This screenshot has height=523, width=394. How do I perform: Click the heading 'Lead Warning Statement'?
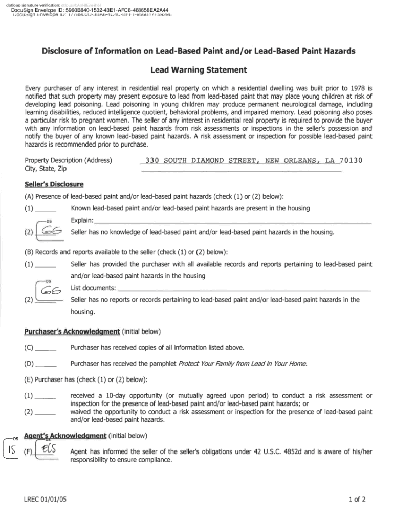[x=199, y=70]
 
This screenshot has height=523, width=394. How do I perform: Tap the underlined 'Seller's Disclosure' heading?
[x=54, y=184]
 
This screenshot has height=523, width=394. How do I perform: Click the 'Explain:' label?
[x=82, y=220]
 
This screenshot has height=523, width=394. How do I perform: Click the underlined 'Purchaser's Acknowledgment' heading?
[x=71, y=331]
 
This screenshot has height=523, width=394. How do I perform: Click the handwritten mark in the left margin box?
[x=11, y=449]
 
